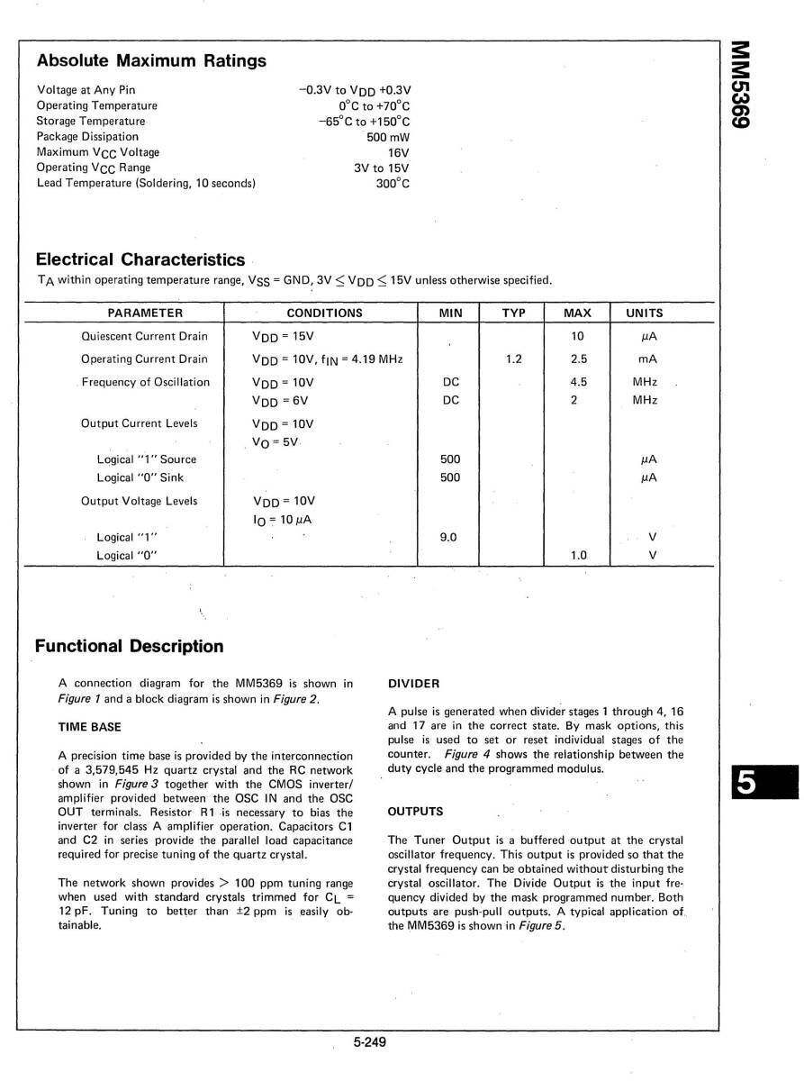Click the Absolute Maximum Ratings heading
[x=151, y=61]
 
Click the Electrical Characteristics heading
[x=140, y=259]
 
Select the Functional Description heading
[x=129, y=646]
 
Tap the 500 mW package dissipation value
[x=387, y=137]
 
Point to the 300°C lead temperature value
[x=393, y=183]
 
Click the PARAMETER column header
[x=145, y=313]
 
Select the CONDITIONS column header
[x=324, y=313]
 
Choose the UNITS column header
[x=644, y=313]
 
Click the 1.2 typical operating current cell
[x=514, y=359]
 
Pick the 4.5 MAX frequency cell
[x=579, y=382]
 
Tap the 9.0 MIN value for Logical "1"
[x=447, y=538]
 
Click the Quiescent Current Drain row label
[x=144, y=336]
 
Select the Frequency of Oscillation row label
[x=145, y=382]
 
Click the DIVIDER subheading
[x=414, y=684]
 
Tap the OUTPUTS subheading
[x=416, y=812]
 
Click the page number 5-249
[x=369, y=1043]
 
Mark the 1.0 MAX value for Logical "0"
[x=579, y=555]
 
